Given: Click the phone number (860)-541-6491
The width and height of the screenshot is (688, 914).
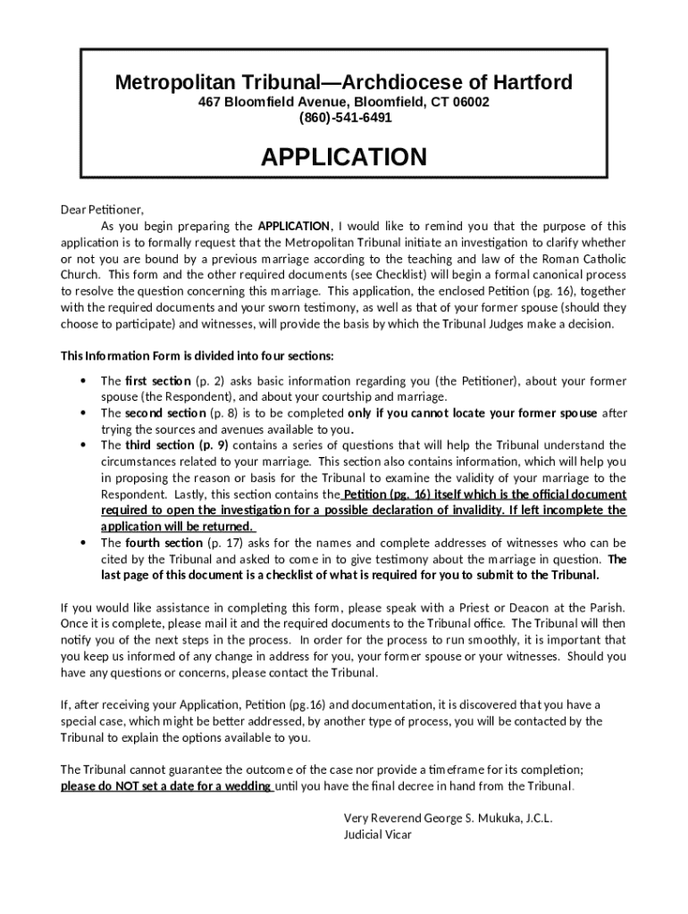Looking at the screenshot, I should pyautogui.click(x=344, y=117).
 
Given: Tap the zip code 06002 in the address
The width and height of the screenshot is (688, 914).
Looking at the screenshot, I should pyautogui.click(x=471, y=102).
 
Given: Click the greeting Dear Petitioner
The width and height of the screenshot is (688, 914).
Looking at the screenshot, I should pyautogui.click(x=101, y=210).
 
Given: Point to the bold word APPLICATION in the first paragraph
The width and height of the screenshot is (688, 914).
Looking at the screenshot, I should pyautogui.click(x=294, y=226).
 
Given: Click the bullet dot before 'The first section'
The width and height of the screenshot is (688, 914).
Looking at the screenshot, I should pyautogui.click(x=83, y=381).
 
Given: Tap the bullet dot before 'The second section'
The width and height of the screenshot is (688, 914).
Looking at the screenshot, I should pyautogui.click(x=83, y=413).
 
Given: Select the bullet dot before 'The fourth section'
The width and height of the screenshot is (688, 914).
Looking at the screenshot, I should pyautogui.click(x=83, y=543).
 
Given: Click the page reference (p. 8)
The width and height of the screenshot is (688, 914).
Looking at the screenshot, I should pyautogui.click(x=223, y=413).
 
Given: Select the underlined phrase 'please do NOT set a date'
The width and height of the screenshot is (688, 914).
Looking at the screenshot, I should pyautogui.click(x=165, y=786).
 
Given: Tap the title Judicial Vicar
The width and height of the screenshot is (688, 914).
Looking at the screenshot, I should pyautogui.click(x=377, y=835).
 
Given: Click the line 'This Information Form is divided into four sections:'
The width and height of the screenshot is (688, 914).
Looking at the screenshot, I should pyautogui.click(x=197, y=356).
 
